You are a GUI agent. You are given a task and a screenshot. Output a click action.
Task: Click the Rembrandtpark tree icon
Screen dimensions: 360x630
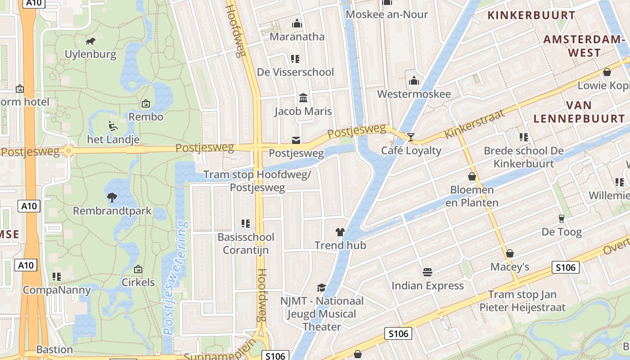click(x=112, y=197)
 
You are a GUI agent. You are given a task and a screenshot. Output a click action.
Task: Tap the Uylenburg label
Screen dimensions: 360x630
click(x=90, y=54)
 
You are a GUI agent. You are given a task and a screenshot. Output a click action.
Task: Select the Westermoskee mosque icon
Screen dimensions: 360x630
click(x=414, y=81)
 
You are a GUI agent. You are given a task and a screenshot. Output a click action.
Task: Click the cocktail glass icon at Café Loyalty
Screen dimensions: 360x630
click(x=411, y=137)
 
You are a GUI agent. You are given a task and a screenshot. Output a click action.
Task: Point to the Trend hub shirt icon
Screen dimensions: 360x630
click(x=340, y=232)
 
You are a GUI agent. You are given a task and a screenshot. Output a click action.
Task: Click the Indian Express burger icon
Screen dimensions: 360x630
click(x=427, y=272)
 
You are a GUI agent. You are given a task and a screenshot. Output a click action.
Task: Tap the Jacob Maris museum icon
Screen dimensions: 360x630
click(x=303, y=98)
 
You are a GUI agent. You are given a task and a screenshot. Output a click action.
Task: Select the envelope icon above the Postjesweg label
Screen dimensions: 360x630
click(x=296, y=140)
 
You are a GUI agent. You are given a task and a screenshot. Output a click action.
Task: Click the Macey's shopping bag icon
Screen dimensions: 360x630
click(x=510, y=253)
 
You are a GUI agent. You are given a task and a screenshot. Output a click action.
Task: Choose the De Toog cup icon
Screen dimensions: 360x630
click(x=561, y=219)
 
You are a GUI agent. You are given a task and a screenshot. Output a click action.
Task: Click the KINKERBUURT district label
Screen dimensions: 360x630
click(x=531, y=15)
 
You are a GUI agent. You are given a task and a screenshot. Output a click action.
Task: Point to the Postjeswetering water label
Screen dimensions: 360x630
click(x=175, y=278)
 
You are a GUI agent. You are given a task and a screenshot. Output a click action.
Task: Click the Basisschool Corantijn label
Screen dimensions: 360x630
click(x=246, y=243)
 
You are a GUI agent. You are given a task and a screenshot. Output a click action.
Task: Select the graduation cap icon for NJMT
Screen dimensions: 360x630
click(x=321, y=287)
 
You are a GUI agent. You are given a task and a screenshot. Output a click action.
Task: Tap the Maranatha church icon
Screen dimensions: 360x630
click(x=297, y=23)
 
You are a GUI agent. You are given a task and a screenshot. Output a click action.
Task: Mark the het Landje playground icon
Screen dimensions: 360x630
click(x=113, y=126)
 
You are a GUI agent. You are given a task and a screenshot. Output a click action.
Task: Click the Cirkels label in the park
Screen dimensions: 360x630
click(x=138, y=283)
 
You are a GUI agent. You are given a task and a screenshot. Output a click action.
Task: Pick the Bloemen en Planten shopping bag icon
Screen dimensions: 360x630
click(x=472, y=176)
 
